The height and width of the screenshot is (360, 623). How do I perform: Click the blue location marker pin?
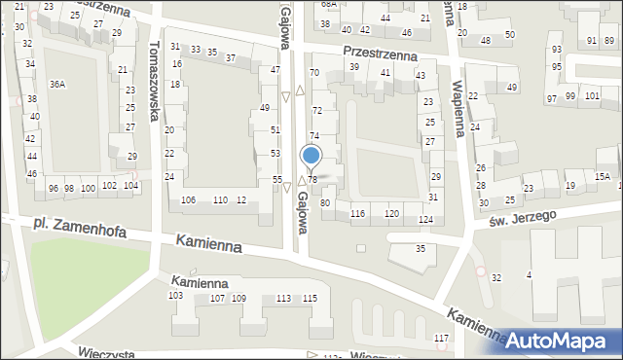[x=311, y=156]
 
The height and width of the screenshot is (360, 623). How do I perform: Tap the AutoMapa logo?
[x=560, y=340]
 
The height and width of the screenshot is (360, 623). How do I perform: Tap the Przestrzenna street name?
[x=380, y=55]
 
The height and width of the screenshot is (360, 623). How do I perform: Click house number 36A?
[x=57, y=86]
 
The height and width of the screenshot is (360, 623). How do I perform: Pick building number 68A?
[x=328, y=4]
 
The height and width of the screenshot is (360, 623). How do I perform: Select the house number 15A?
[x=604, y=176]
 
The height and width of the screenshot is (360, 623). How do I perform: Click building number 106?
[x=189, y=199]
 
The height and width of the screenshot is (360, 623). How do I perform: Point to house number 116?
[x=357, y=213]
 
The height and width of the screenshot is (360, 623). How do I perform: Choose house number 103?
[x=176, y=295]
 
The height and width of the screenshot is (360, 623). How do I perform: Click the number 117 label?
[x=442, y=338]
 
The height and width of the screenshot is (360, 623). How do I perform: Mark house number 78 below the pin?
[x=312, y=180]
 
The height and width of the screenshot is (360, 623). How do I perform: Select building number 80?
[x=325, y=202]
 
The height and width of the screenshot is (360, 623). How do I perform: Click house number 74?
[x=314, y=136]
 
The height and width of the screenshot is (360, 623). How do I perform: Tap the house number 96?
[x=54, y=188]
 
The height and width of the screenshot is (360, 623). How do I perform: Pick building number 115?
[x=310, y=298]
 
